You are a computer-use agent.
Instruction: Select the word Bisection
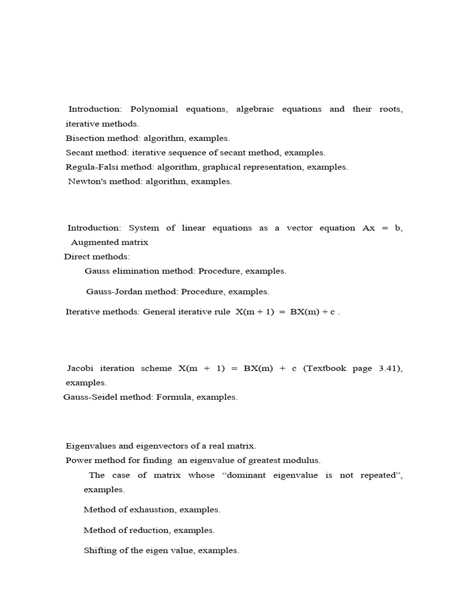(x=85, y=139)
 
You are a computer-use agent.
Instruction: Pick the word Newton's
(x=87, y=181)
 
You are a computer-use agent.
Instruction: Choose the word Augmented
(x=93, y=242)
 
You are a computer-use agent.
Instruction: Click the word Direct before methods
(x=77, y=257)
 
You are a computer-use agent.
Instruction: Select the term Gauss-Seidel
(x=91, y=397)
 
